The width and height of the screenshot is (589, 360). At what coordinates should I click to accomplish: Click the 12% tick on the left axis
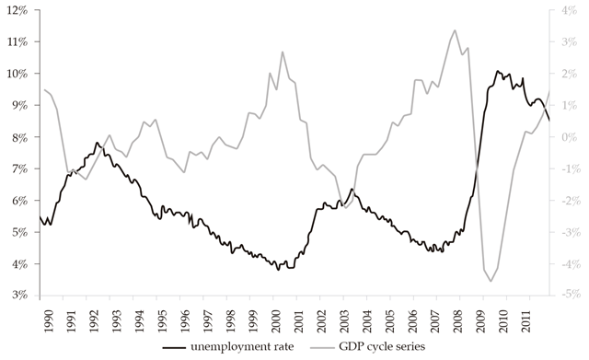pyautogui.click(x=20, y=10)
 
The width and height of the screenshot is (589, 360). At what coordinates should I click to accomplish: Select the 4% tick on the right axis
pyautogui.click(x=568, y=10)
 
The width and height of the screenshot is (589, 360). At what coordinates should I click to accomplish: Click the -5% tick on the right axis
pyautogui.click(x=568, y=296)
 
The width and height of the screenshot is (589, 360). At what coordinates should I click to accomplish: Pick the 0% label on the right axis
pyautogui.click(x=568, y=137)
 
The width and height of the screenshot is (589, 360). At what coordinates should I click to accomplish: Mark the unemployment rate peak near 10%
pyautogui.click(x=497, y=71)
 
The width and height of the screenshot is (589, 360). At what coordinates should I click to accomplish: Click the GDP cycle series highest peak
pyautogui.click(x=454, y=30)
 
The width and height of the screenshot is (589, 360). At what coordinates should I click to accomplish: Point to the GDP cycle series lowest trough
pyautogui.click(x=491, y=280)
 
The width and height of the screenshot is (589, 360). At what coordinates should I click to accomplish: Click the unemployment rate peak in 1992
pyautogui.click(x=97, y=143)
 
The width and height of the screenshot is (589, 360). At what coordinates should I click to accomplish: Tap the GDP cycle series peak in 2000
pyautogui.click(x=283, y=52)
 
